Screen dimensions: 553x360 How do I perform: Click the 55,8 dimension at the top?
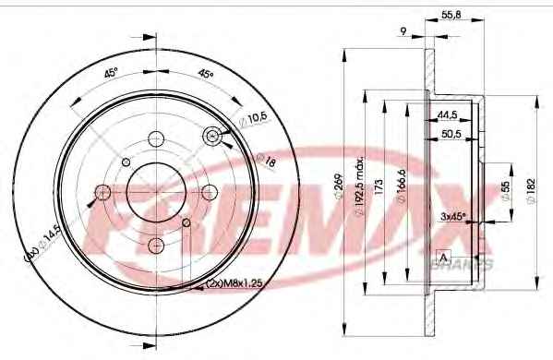pos(451,15)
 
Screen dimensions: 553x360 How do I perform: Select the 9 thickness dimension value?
pos(403,31)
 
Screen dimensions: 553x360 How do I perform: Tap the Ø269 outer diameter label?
pos(339,186)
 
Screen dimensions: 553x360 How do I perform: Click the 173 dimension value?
pos(379,186)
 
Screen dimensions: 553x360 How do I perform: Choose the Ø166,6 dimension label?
pos(402,186)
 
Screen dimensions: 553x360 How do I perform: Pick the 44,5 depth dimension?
pos(447,114)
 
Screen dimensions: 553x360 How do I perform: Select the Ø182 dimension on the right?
pos(532,191)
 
